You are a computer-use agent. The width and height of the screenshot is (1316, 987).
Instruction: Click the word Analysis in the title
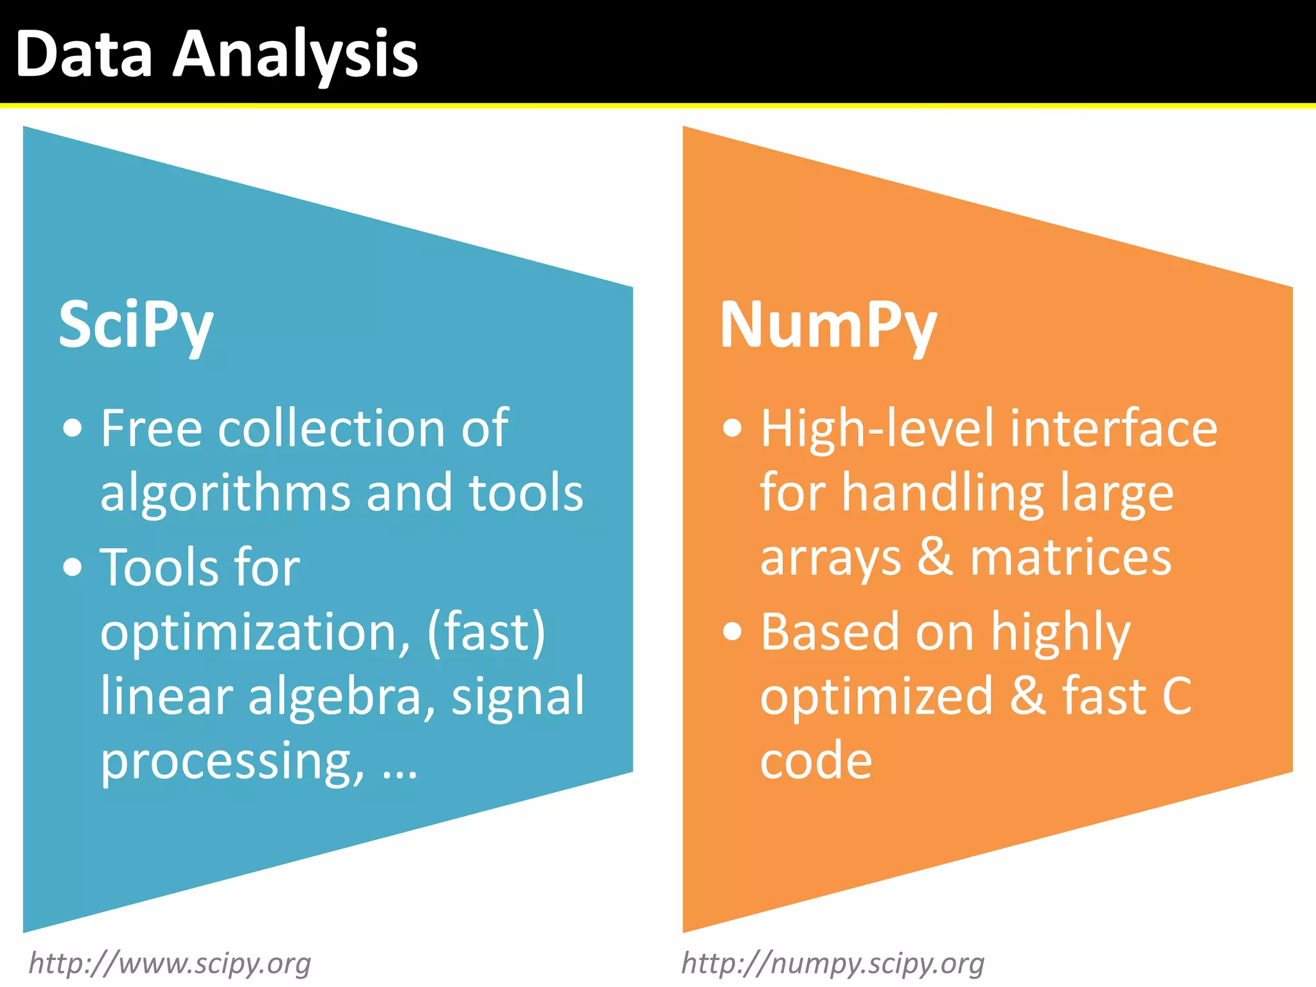pyautogui.click(x=296, y=57)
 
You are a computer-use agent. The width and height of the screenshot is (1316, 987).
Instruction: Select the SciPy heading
pyautogui.click(x=136, y=326)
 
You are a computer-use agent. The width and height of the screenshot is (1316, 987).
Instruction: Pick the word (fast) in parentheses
pyautogui.click(x=486, y=633)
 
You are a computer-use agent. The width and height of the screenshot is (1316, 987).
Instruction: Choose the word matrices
pyautogui.click(x=1071, y=558)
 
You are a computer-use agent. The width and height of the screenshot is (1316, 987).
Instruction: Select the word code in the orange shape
pyautogui.click(x=815, y=761)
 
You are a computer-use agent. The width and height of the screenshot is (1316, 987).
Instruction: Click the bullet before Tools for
pyautogui.click(x=73, y=567)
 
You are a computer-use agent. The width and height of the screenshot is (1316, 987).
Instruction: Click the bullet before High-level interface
pyautogui.click(x=732, y=428)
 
